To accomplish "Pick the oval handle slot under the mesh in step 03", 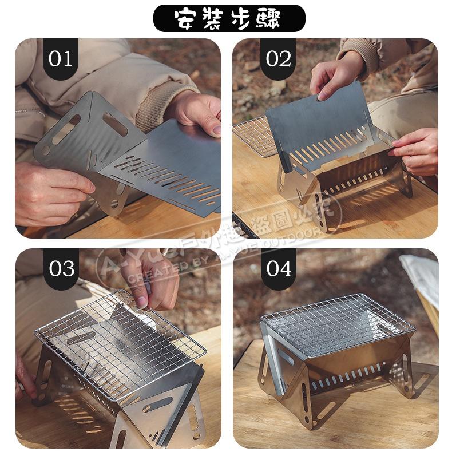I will coord(80,338).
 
